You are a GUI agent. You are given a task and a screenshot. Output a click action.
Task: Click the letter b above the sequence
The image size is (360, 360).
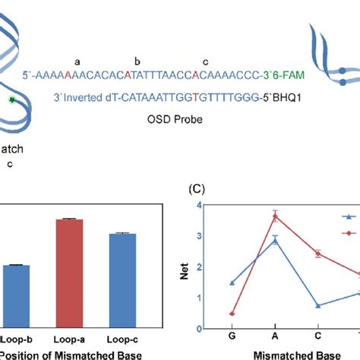pyautogui.click(x=137, y=61)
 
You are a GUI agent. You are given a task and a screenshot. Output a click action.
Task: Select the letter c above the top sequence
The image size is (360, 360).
pyautogui.click(x=204, y=61)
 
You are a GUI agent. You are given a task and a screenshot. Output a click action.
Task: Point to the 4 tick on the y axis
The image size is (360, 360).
pyautogui.click(x=198, y=205)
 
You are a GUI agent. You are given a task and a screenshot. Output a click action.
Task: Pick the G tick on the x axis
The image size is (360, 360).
pyautogui.click(x=231, y=335)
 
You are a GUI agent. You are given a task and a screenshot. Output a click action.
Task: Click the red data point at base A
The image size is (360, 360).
pyautogui.click(x=275, y=216)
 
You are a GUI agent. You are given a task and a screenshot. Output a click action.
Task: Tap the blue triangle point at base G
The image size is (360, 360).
pyautogui.click(x=232, y=283)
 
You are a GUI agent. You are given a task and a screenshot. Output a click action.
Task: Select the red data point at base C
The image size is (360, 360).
pyautogui.click(x=318, y=254)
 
